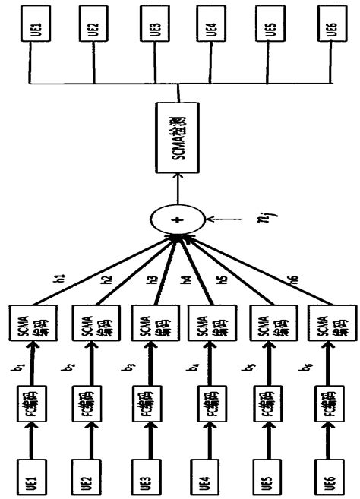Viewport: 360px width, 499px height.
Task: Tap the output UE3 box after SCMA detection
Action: (x=154, y=30)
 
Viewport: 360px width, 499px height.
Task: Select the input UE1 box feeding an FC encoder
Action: (x=29, y=474)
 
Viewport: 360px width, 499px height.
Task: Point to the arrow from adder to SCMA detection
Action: (x=178, y=186)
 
